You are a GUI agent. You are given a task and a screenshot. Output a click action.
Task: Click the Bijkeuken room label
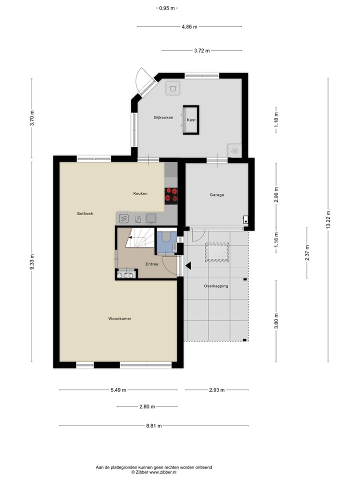coord(163,117)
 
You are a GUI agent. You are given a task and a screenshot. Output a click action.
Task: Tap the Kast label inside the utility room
coord(191,120)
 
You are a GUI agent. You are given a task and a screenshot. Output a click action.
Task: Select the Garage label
coord(216,195)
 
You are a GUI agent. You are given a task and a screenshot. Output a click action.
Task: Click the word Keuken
coord(140,193)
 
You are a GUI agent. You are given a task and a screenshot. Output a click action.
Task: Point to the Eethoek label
coord(85,213)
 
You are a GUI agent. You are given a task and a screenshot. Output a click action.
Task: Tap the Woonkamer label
coord(120,318)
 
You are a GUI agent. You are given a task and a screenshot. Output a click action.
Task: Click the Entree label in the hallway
coord(152,264)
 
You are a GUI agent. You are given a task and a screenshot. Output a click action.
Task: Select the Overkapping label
coord(216,286)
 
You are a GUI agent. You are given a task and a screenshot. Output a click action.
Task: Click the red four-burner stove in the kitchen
coord(171,195)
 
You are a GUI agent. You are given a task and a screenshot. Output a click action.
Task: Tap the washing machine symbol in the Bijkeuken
coord(173,88)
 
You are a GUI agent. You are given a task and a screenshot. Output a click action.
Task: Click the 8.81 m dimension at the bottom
coord(154,426)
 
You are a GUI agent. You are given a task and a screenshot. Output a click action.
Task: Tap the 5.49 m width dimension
coord(118,390)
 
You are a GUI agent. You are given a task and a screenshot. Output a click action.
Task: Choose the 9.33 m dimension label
coord(32,261)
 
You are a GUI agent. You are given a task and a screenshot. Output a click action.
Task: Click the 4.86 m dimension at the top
coord(189,26)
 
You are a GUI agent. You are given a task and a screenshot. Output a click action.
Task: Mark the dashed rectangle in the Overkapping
coord(217,252)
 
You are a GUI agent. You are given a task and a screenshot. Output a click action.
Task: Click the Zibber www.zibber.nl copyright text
coord(154,471)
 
